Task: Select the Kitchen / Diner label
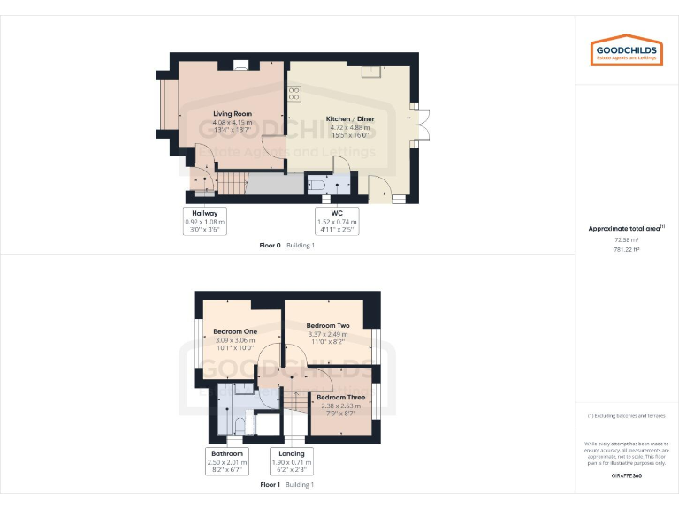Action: [x=347, y=118]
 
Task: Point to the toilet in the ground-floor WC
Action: [x=317, y=186]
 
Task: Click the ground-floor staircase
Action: [x=232, y=185]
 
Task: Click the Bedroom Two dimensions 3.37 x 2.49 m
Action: [x=327, y=334]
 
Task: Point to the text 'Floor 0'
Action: [x=270, y=245]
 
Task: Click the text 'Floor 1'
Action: [x=270, y=485]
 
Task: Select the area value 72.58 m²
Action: [x=626, y=239]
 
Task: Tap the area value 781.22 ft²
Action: [x=626, y=249]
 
